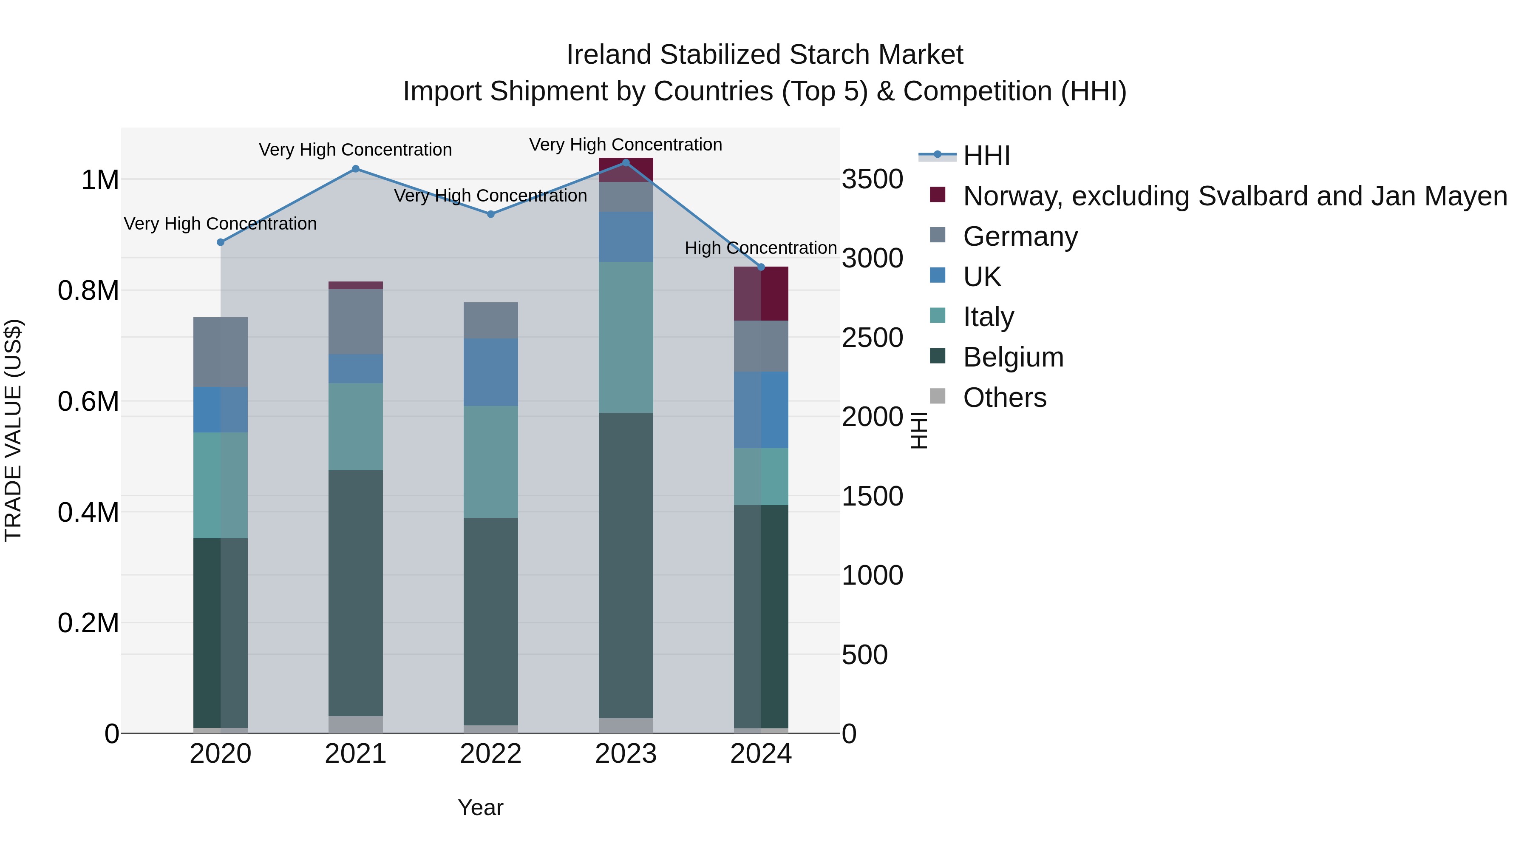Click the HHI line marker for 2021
356,169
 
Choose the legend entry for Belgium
1013,357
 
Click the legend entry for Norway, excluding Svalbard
1235,196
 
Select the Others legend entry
1004,398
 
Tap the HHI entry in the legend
986,156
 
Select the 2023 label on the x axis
626,754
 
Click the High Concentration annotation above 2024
761,248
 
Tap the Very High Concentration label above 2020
220,224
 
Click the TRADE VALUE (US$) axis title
13,430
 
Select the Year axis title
481,807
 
